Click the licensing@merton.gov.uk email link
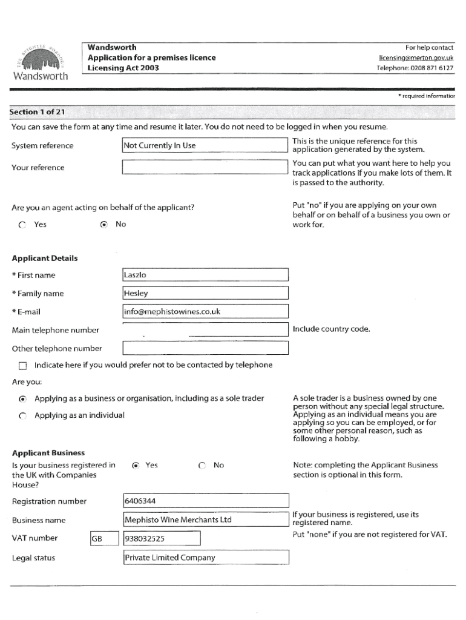pos(416,58)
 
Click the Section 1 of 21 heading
pos(38,112)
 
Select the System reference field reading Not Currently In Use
pos(204,145)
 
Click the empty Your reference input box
pos(204,167)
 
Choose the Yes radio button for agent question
pos(22,225)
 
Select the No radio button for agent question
pos(103,225)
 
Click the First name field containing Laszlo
pos(205,275)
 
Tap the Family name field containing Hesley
pos(205,294)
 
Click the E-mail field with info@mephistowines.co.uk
pos(205,312)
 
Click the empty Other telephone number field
pos(205,348)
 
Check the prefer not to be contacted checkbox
pos(23,366)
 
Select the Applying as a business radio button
pos(22,398)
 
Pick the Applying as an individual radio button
pos(22,415)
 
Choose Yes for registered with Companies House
pos(136,465)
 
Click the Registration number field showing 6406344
pos(205,501)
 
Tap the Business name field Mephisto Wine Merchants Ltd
pos(205,519)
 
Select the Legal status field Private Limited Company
pos(205,558)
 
